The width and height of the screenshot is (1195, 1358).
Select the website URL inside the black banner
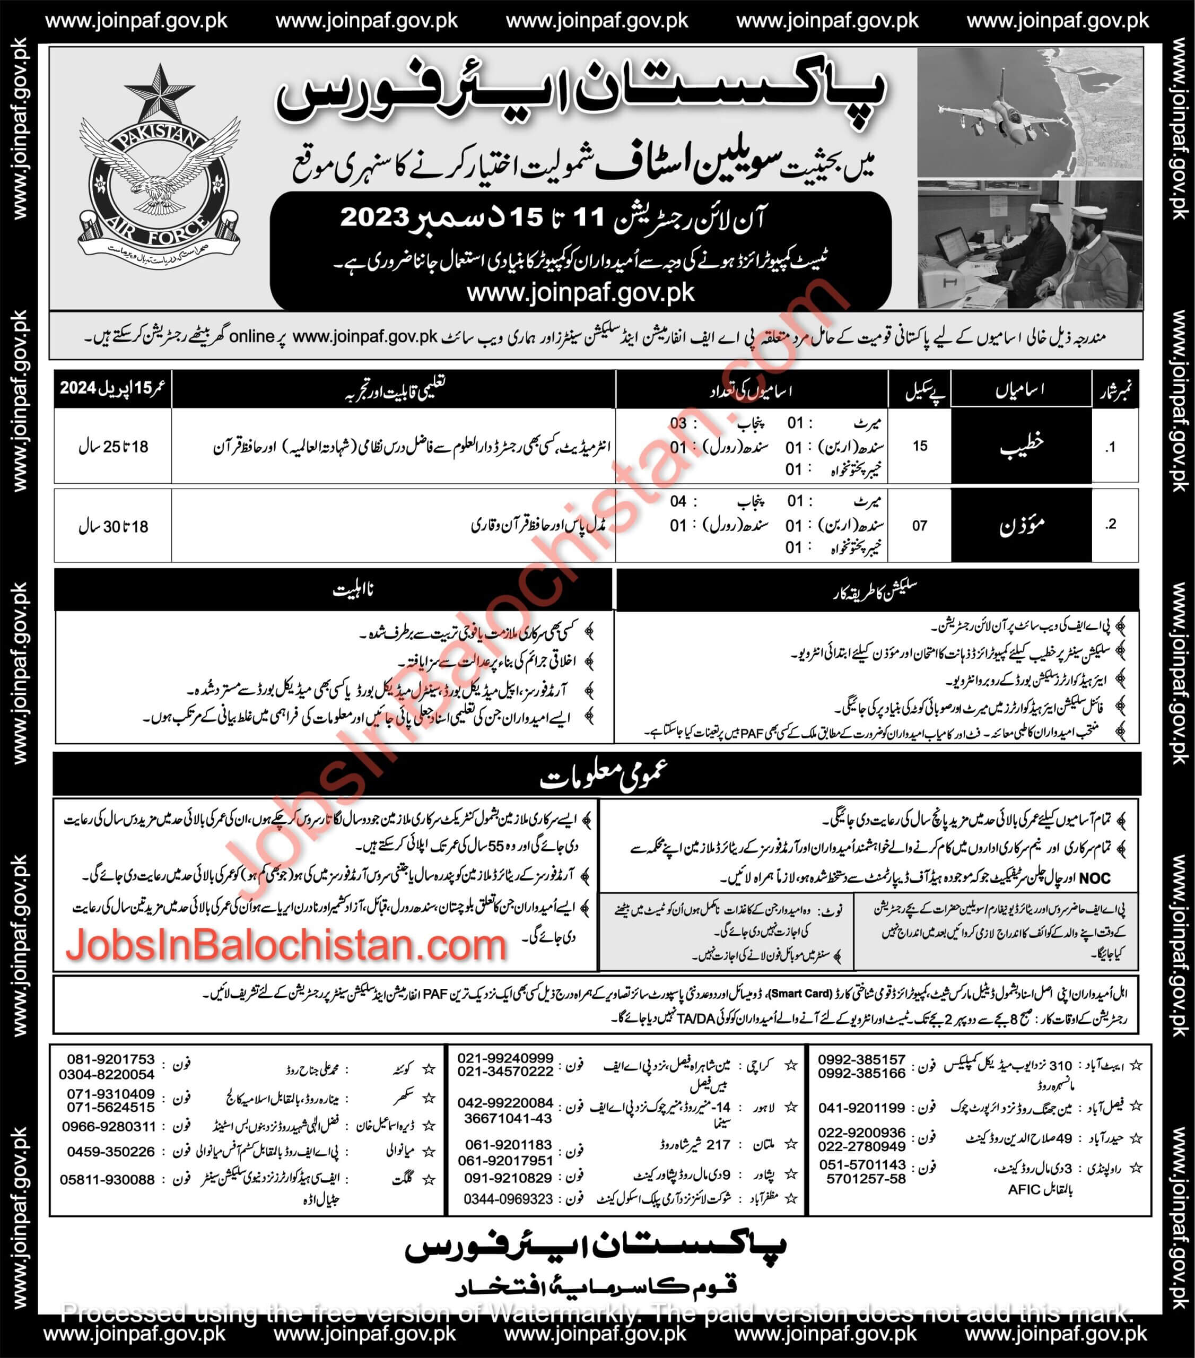pyautogui.click(x=581, y=292)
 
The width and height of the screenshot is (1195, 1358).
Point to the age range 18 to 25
pyautogui.click(x=113, y=447)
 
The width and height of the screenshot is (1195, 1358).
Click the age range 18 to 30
pyautogui.click(x=113, y=526)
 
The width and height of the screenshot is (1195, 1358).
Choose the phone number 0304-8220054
pyautogui.click(x=106, y=1074)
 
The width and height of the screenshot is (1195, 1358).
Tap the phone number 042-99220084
pyautogui.click(x=505, y=1103)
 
